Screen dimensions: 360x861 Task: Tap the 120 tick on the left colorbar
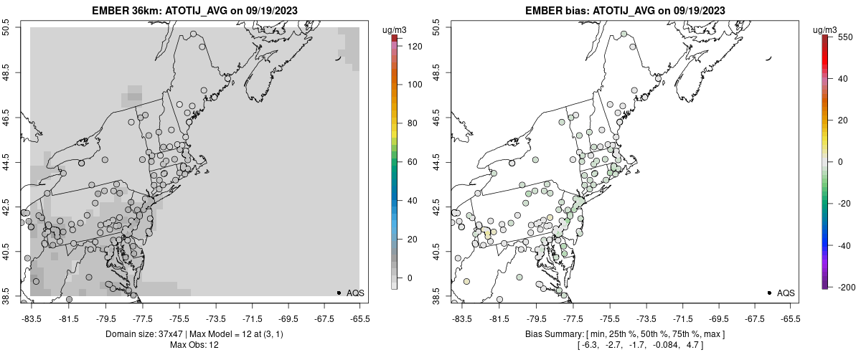click(x=408, y=45)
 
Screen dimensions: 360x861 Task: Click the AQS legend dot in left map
click(x=339, y=293)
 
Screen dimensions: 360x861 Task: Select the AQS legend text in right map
click(x=786, y=293)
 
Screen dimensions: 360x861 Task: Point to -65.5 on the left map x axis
click(x=359, y=319)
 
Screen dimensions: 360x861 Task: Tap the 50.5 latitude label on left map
click(x=6, y=28)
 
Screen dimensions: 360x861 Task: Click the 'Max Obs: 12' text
click(x=194, y=345)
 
